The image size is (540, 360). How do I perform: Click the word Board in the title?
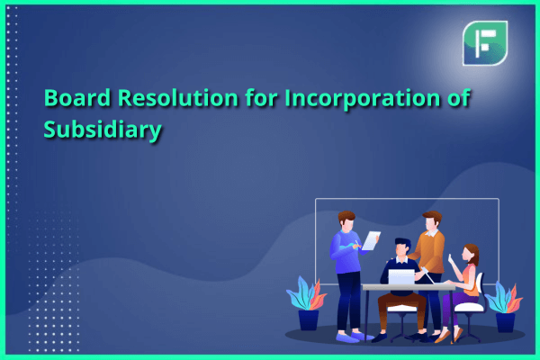tap(77, 97)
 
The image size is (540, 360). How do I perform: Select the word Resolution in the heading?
tap(177, 97)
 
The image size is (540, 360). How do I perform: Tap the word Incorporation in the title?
tap(363, 98)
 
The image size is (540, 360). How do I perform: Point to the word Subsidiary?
tap(103, 130)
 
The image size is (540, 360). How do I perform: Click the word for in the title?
tap(261, 97)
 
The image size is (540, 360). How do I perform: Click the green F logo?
tap(485, 43)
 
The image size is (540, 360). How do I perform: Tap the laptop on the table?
tap(401, 277)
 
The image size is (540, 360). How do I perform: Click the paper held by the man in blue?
tap(371, 240)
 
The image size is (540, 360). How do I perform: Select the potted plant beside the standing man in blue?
tap(307, 303)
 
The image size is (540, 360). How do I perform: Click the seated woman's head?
tap(471, 254)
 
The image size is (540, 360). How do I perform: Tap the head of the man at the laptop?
tap(402, 247)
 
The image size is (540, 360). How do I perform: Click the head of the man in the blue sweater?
tap(346, 221)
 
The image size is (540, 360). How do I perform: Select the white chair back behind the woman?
tap(480, 288)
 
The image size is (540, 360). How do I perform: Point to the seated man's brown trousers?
tap(401, 310)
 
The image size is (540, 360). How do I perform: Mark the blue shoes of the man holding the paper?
tap(354, 337)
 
